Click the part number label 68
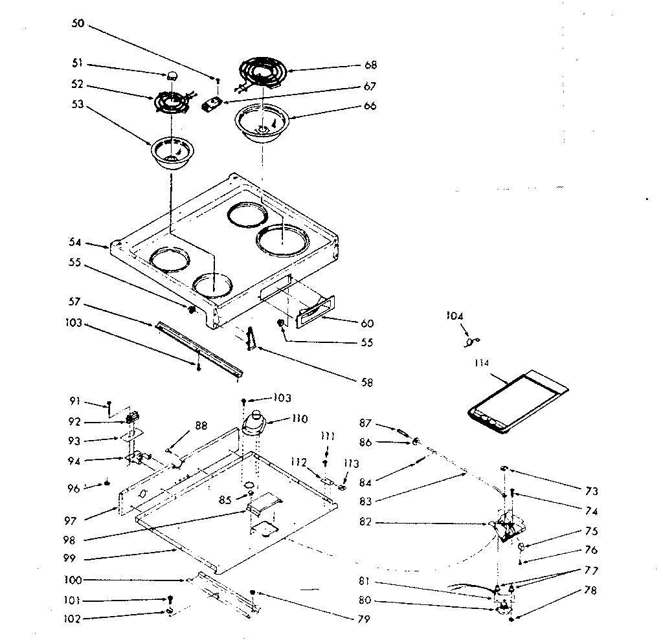371,65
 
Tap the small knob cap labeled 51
173,75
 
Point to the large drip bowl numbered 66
263,123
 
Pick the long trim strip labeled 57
198,349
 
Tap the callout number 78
590,590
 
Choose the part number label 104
455,316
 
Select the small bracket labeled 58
253,338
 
